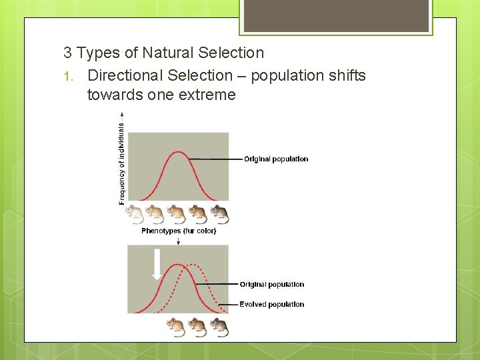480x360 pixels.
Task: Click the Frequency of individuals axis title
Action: coord(121,162)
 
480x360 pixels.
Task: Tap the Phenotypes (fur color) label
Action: coord(179,231)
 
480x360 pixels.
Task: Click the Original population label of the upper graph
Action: coord(276,159)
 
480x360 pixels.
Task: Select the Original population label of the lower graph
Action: coord(272,285)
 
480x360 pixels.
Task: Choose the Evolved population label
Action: coord(272,305)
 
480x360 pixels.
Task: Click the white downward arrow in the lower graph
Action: coord(157,264)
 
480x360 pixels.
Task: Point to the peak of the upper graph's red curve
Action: coord(177,153)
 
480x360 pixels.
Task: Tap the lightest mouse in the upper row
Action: coord(135,214)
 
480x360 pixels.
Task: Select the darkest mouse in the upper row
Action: coord(219,214)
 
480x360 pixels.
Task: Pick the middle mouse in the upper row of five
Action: coord(177,214)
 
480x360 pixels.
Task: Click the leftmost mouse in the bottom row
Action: coord(177,327)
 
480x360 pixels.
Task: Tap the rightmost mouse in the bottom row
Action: coord(219,327)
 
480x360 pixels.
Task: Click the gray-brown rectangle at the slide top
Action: coord(336,15)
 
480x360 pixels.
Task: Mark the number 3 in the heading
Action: coord(67,53)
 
